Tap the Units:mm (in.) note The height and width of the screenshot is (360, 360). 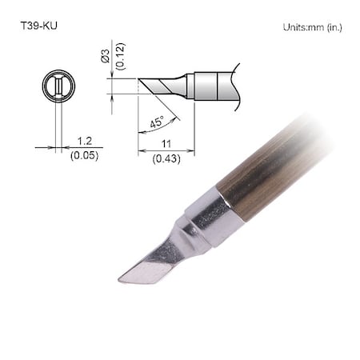pos(312,27)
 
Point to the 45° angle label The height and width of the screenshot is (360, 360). pos(158,123)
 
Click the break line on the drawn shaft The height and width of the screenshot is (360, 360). pos(234,83)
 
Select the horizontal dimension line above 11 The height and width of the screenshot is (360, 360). pos(167,148)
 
